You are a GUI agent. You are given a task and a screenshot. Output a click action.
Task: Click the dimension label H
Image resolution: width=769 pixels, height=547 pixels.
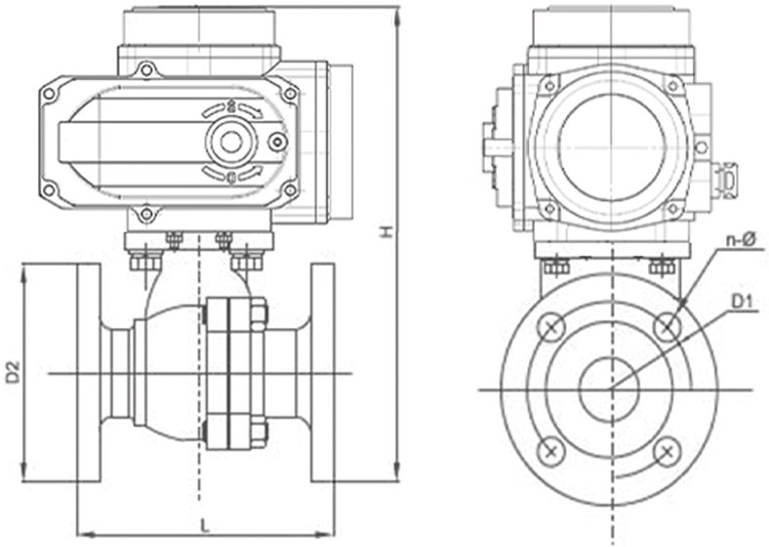(x=386, y=231)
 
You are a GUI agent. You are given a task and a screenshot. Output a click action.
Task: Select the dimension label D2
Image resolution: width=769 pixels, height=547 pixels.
(x=13, y=371)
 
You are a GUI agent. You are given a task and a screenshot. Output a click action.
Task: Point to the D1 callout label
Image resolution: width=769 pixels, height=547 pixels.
(x=745, y=311)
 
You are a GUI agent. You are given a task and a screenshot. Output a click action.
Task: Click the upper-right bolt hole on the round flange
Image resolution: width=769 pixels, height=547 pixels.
(x=668, y=326)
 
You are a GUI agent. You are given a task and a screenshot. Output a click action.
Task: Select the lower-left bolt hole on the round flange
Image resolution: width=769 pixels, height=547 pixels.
(x=552, y=450)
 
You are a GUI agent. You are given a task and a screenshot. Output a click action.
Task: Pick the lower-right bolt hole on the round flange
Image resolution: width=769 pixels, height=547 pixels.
(x=668, y=450)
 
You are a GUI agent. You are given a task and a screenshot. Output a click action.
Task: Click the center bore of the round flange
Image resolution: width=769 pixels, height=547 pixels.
(x=610, y=389)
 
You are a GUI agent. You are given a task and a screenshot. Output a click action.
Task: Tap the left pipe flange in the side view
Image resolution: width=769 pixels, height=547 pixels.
(x=89, y=372)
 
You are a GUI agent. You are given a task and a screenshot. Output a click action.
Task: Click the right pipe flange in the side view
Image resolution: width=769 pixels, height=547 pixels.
(x=323, y=372)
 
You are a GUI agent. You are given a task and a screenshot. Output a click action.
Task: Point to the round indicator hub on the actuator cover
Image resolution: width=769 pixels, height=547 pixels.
(x=231, y=142)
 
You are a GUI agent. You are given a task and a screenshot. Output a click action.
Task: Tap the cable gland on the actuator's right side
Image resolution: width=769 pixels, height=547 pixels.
(x=724, y=180)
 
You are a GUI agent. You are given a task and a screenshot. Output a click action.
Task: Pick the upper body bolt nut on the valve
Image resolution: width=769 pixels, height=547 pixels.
(x=260, y=314)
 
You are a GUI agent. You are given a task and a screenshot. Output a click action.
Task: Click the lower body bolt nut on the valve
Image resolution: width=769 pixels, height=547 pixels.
(x=260, y=431)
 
